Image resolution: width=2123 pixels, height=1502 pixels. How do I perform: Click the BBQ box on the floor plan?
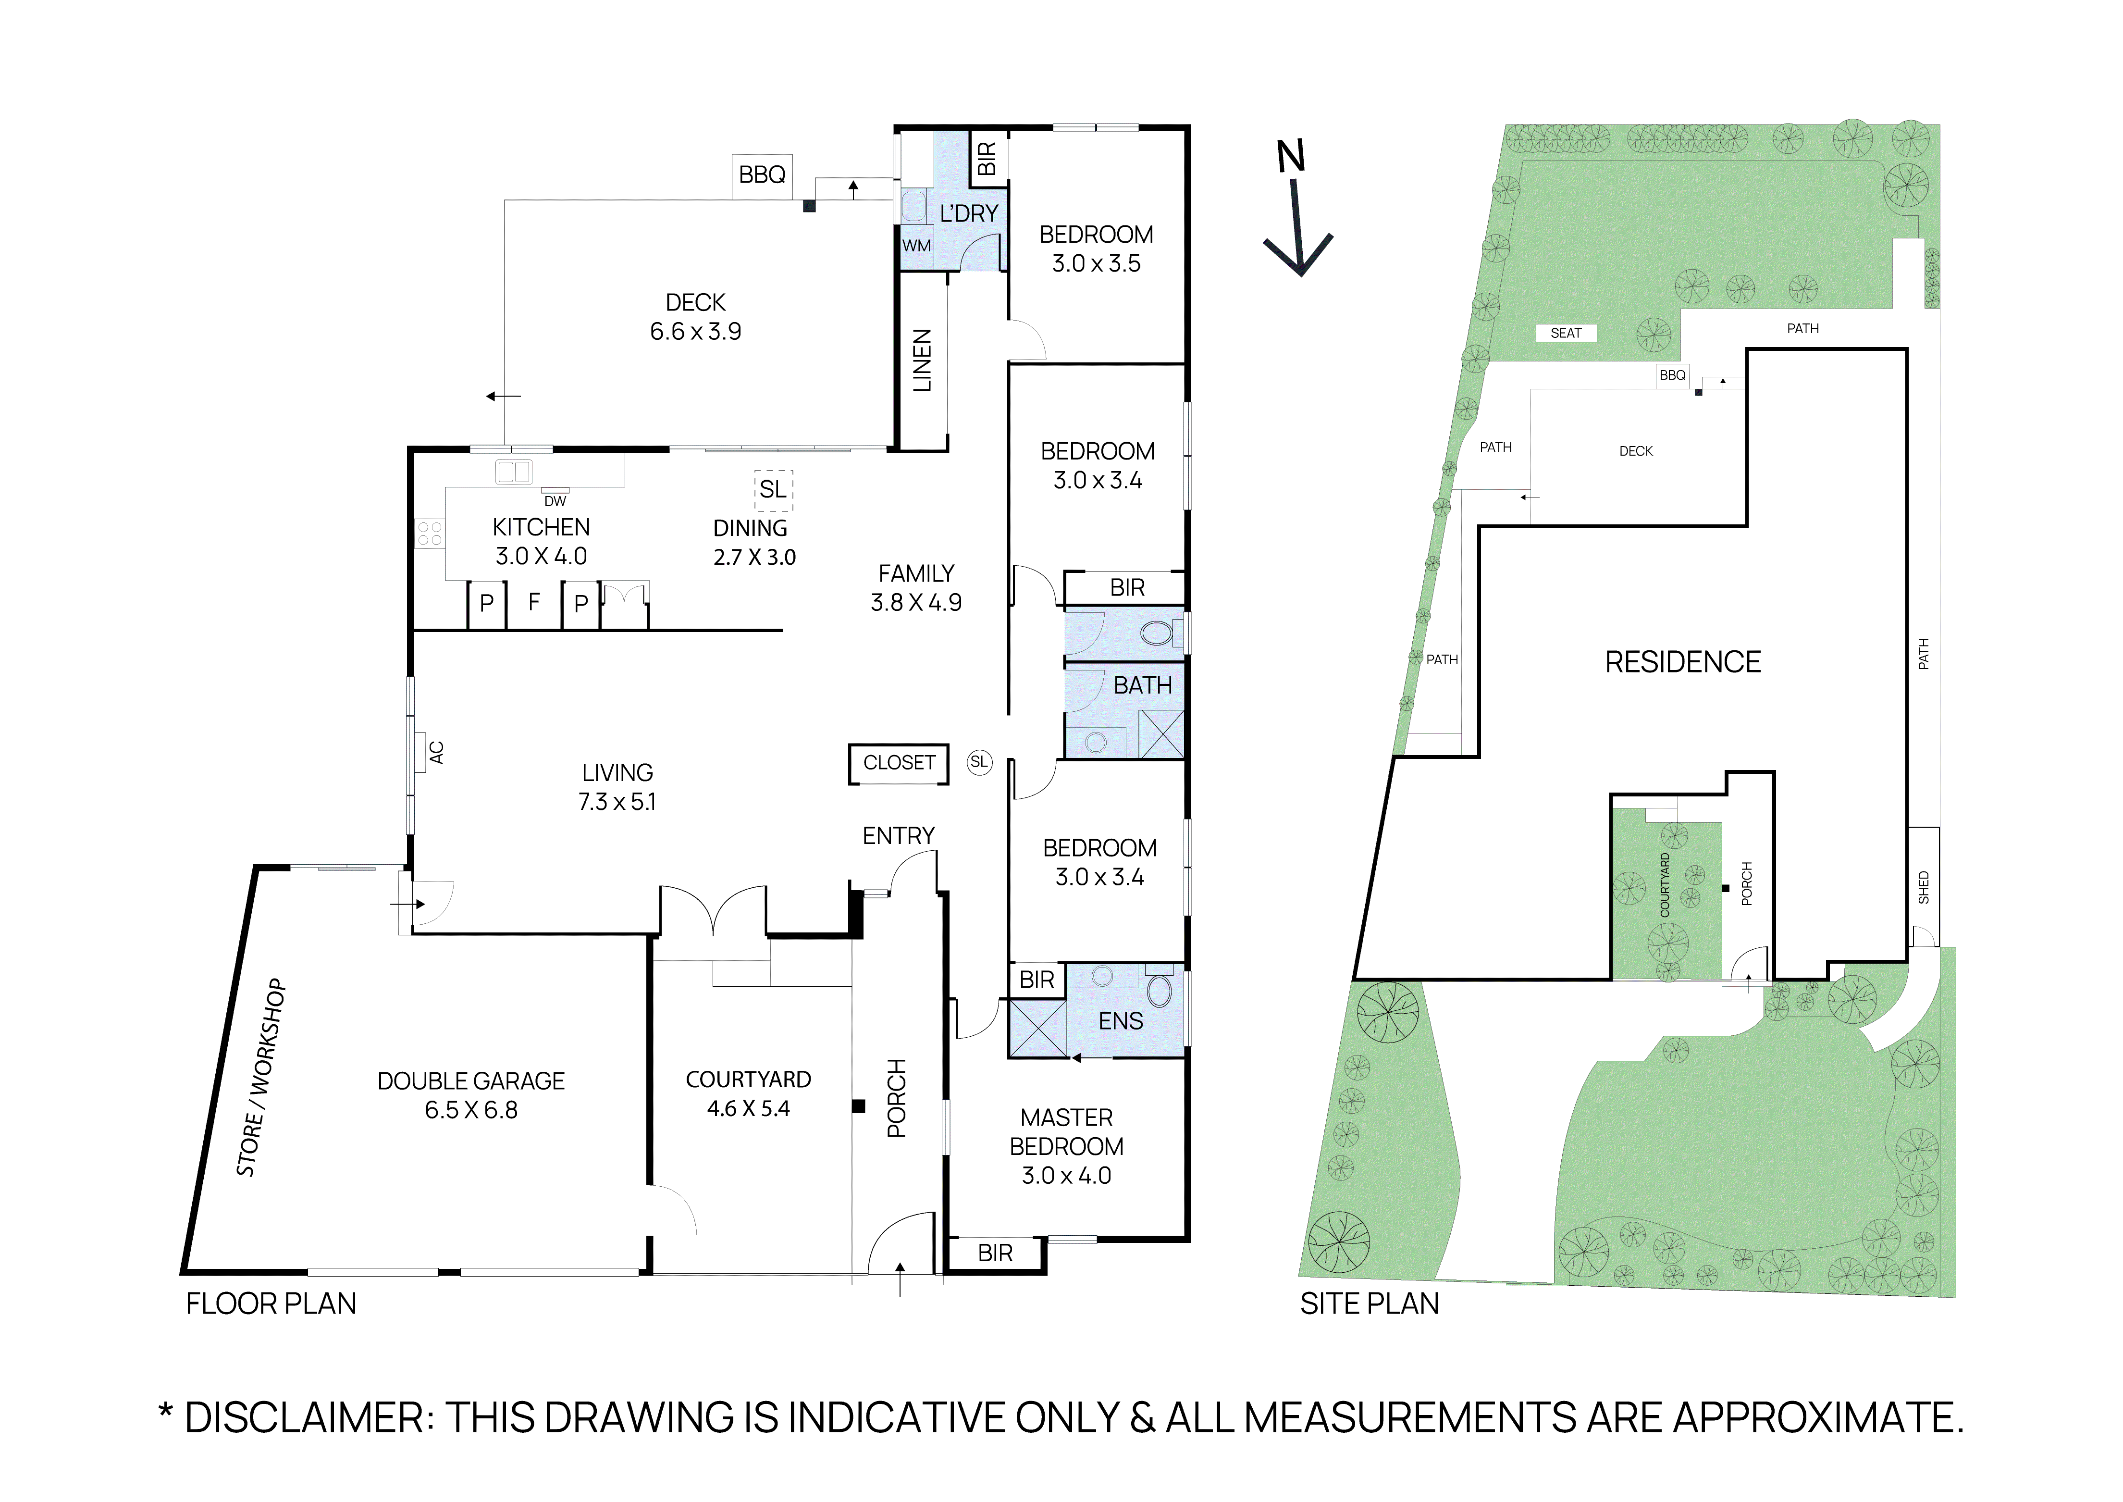tap(762, 175)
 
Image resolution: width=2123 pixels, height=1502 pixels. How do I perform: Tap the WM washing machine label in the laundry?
tap(916, 246)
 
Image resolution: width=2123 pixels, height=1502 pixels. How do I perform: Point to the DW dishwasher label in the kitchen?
tap(555, 501)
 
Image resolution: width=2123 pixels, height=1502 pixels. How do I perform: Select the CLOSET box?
tap(899, 763)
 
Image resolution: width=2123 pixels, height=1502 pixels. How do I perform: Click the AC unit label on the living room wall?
tap(436, 753)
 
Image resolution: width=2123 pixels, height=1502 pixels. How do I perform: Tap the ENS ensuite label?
tap(1121, 1021)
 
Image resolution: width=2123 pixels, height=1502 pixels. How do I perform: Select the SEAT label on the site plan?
tap(1566, 333)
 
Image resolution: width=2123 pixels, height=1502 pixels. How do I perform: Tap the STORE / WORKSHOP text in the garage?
tap(261, 1078)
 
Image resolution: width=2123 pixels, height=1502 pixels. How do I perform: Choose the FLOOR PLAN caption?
tap(271, 1304)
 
